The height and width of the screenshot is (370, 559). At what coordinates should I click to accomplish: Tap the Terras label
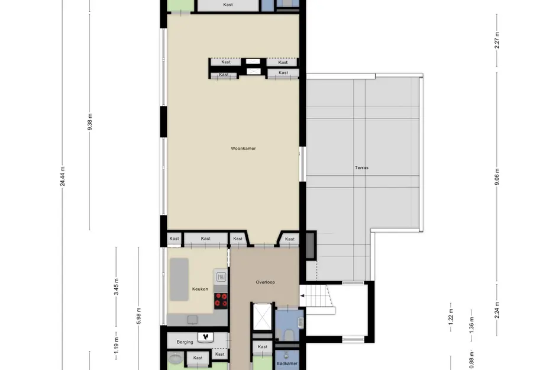point(361,168)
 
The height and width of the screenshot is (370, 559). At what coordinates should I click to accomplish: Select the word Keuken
point(200,289)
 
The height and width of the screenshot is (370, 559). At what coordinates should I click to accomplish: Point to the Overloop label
point(265,282)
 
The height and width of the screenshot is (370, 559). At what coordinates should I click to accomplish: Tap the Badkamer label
point(287,363)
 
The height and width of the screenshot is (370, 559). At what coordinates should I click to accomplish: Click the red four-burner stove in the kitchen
point(221,300)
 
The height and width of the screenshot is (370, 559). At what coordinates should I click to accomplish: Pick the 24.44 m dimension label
point(63,176)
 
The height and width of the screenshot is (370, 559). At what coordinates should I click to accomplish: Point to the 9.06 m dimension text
point(497,177)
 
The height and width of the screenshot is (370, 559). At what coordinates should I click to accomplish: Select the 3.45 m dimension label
point(117,288)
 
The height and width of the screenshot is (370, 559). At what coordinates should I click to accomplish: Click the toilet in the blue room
point(289,335)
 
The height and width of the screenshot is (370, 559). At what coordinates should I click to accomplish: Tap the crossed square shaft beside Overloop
point(260,316)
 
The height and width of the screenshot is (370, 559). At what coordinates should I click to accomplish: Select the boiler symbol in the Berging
point(205,337)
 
